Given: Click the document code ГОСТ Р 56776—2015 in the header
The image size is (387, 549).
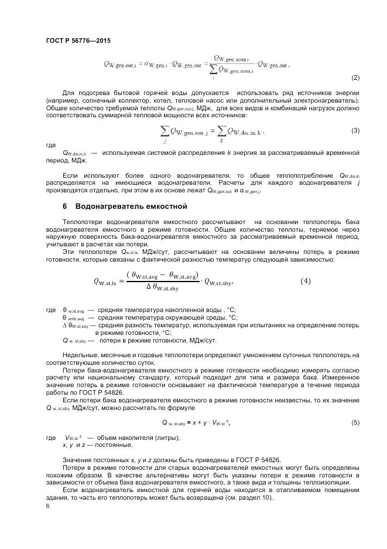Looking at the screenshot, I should click(x=78, y=40).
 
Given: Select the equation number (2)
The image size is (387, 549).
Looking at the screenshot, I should click(x=355, y=77).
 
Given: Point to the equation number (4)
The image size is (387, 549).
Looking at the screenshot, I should click(x=306, y=281).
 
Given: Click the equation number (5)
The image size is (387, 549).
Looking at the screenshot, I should click(x=355, y=422).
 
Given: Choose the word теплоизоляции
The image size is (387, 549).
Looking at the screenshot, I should click(x=327, y=483).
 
